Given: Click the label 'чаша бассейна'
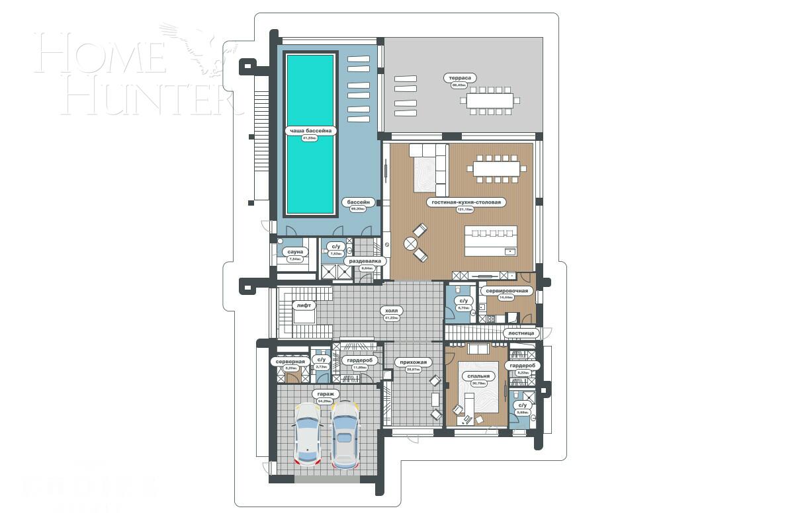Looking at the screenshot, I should (309, 131).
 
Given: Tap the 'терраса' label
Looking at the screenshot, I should (459, 78).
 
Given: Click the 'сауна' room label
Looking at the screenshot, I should (295, 252).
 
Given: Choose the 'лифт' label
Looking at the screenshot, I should (304, 305).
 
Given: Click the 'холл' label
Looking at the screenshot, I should (394, 310).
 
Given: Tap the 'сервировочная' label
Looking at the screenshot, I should (506, 290).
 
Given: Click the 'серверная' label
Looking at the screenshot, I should (290, 362).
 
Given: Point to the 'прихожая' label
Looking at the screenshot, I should (414, 362).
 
